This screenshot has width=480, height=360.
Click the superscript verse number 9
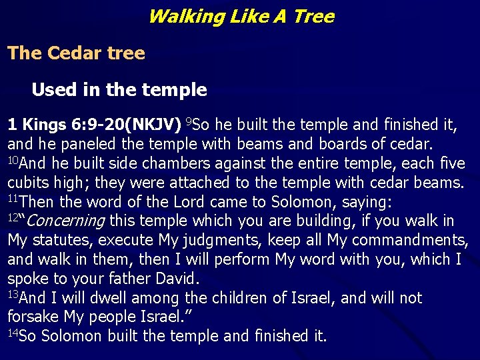click(189, 121)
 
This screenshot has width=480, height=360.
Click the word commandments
click(410, 240)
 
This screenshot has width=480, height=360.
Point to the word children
click(243, 298)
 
